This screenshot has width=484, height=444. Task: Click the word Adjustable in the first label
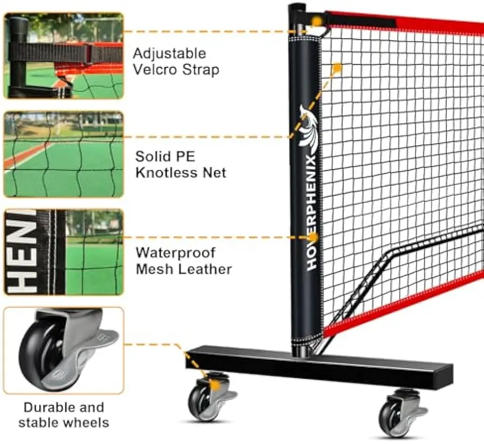169,54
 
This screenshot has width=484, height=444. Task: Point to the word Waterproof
175,254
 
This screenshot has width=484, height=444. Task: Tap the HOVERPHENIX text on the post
312,213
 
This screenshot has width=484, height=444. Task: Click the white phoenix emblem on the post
309,129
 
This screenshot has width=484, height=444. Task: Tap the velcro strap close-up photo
64,56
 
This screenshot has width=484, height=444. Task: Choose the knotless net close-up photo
64,155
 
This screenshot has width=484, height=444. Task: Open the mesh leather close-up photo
64,252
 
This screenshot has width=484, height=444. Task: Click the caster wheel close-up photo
64,351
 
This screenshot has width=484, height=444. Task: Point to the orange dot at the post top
317,22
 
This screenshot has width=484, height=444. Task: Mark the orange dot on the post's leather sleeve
314,237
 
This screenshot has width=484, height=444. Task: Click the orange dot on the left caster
216,386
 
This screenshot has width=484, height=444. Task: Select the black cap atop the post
297,8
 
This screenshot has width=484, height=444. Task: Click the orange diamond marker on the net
337,67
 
